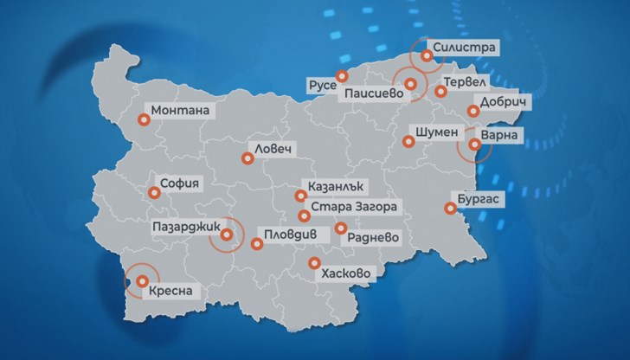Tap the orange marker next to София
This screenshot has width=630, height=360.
(x=153, y=194)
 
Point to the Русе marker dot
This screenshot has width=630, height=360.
(x=342, y=75)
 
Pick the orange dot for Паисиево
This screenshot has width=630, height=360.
(x=412, y=84)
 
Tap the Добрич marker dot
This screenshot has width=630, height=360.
(x=472, y=111)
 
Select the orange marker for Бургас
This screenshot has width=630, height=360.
(x=448, y=208)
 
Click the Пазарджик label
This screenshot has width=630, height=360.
(x=182, y=226)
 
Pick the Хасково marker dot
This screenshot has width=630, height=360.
(x=314, y=264)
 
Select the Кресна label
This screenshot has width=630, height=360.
(x=174, y=290)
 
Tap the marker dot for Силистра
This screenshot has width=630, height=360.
(x=427, y=56)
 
